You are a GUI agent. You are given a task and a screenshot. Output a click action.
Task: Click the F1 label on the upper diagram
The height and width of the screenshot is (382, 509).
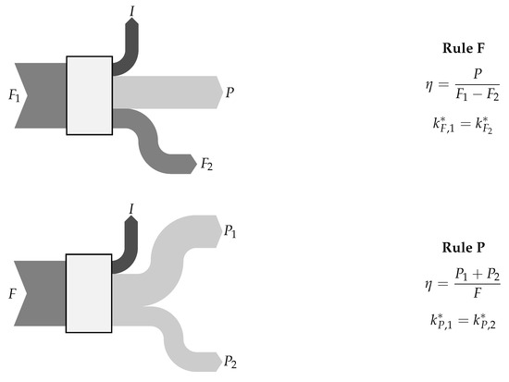pyautogui.click(x=14, y=96)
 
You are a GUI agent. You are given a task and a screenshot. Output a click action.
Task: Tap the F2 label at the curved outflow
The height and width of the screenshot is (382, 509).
pyautogui.click(x=206, y=164)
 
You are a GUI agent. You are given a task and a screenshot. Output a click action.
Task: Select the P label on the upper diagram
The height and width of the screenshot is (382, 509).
pyautogui.click(x=230, y=92)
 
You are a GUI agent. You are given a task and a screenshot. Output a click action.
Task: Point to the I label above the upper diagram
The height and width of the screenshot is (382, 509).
pyautogui.click(x=132, y=11)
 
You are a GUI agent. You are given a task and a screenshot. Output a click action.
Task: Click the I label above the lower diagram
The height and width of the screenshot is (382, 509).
pyautogui.click(x=131, y=209)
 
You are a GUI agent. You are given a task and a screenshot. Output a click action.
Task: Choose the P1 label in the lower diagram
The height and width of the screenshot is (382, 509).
pyautogui.click(x=230, y=231)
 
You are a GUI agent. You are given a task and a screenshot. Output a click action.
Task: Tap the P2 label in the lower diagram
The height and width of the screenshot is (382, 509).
pyautogui.click(x=230, y=362)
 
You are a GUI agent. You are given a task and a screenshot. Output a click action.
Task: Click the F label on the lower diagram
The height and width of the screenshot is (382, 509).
pyautogui.click(x=12, y=294)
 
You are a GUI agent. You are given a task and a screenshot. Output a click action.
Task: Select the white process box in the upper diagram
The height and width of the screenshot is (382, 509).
pyautogui.click(x=90, y=95)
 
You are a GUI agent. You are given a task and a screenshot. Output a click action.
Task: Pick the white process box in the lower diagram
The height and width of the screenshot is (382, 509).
pyautogui.click(x=89, y=293)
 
